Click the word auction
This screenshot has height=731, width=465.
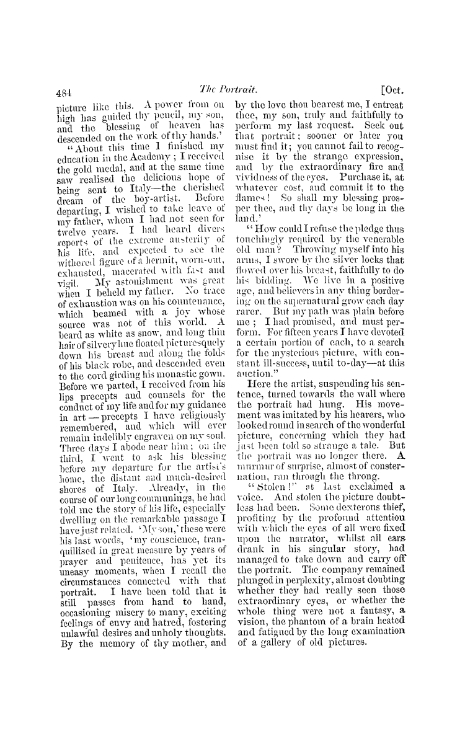(254, 361)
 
